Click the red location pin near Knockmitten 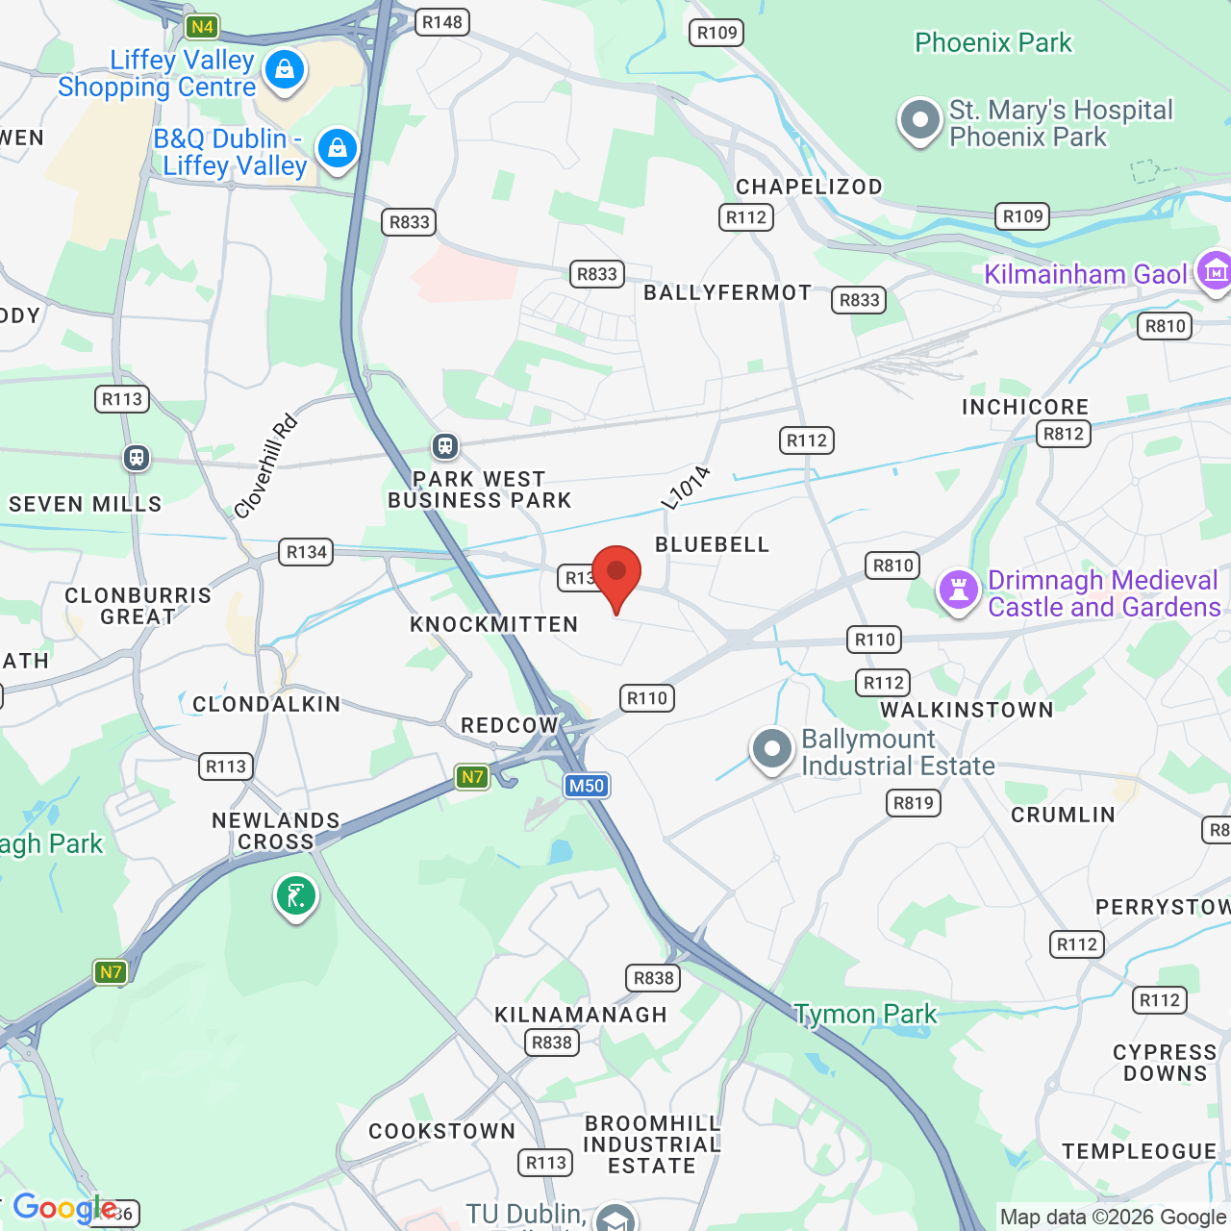[616, 574]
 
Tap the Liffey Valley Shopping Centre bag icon [285, 70]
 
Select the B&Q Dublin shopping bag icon [337, 149]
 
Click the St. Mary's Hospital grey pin [920, 121]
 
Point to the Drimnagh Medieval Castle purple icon [959, 590]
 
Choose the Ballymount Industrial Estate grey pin [771, 749]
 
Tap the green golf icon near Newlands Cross [296, 896]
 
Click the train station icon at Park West [444, 445]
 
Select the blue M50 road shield [587, 786]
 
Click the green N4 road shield [202, 27]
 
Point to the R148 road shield [442, 22]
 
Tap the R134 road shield [307, 552]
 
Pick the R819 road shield [913, 803]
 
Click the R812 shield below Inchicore [1063, 434]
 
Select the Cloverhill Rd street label [265, 467]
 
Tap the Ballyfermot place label [727, 292]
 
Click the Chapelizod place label [809, 187]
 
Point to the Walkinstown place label [967, 710]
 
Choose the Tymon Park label [866, 1014]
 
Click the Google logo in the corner [64, 1208]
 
